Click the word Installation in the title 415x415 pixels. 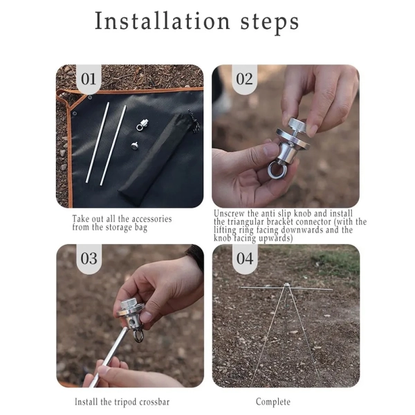[163, 21]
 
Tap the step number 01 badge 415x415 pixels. [89, 79]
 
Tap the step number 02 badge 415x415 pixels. [245, 79]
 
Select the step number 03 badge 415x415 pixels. [89, 258]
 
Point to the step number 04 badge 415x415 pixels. [245, 258]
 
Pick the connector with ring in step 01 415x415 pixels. [142, 125]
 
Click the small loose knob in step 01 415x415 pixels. [135, 145]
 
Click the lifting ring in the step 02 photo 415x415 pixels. [276, 169]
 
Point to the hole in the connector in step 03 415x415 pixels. [131, 322]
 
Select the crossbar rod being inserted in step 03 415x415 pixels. [108, 358]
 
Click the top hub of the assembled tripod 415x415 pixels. [286, 286]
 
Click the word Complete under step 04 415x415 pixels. [273, 402]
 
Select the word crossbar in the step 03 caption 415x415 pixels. [154, 402]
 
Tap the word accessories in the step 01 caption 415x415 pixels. [151, 219]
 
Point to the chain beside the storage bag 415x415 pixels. [194, 121]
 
